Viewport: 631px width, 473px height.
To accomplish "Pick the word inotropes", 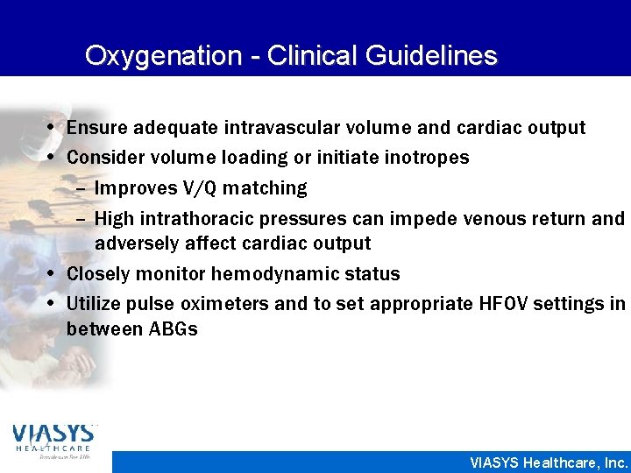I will click(428, 158).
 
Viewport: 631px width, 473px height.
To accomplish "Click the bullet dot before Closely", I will click(55, 273).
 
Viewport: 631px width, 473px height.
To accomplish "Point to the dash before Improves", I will click(82, 188).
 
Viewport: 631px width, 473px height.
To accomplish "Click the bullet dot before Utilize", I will click(55, 303).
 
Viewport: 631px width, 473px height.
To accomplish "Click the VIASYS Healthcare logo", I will click(53, 441).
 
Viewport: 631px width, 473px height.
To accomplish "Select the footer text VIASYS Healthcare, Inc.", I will click(549, 462).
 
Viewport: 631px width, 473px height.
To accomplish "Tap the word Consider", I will click(104, 158).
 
